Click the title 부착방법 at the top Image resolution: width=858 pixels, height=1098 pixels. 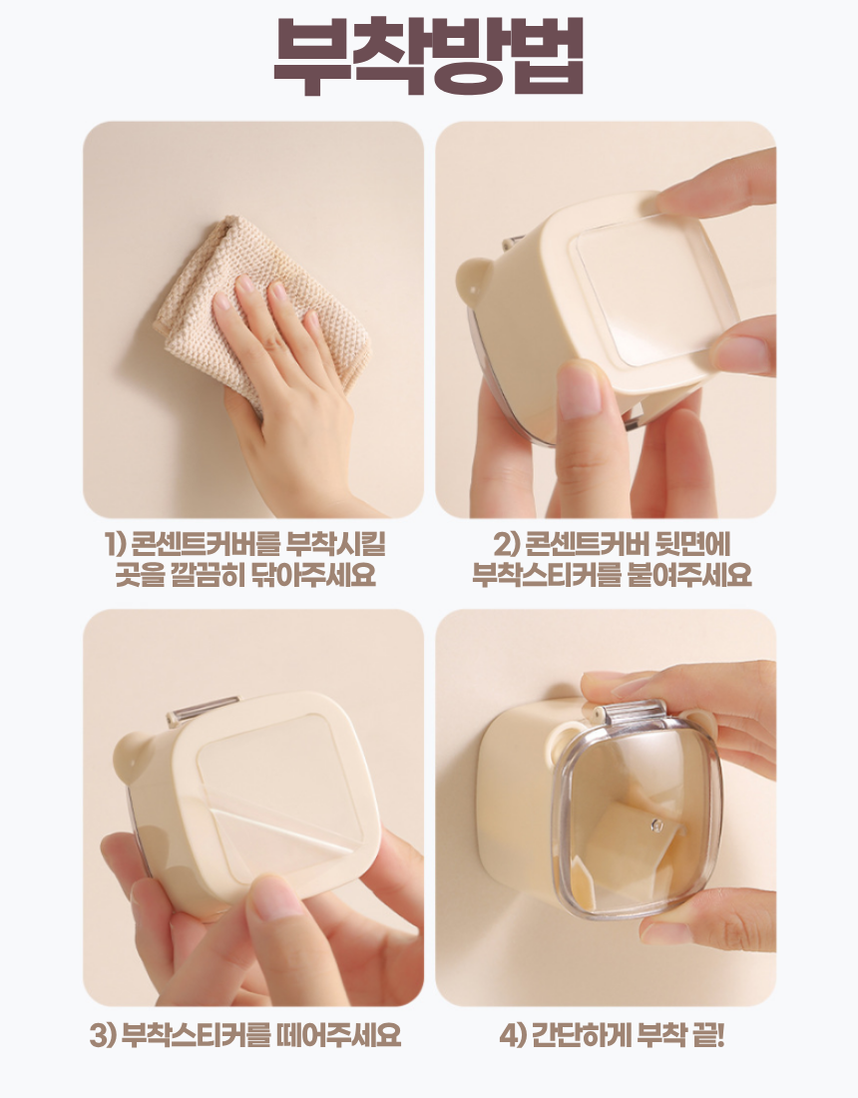pos(428,55)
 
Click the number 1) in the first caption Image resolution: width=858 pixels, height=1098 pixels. pos(115,544)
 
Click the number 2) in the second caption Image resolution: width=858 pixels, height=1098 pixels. pos(504,544)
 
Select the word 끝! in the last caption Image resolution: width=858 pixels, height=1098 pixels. pos(707,1034)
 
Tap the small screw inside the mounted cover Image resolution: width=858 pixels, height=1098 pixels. pos(655,825)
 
